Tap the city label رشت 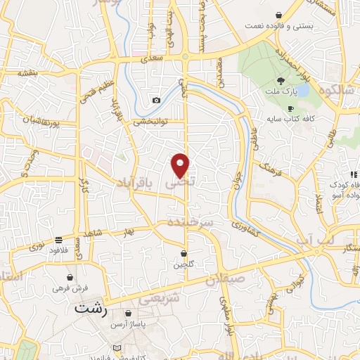point(92,308)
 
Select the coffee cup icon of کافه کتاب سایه point(291,108)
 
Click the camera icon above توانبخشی point(156,101)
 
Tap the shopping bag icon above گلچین point(184,253)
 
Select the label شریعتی point(155,298)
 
